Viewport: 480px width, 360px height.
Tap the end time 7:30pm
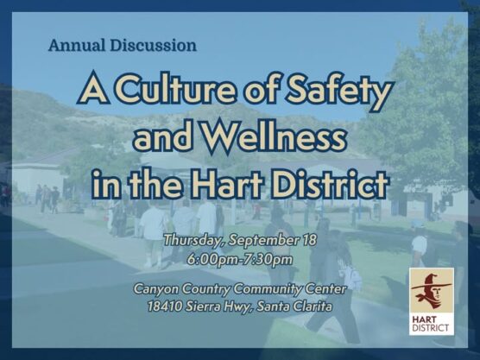pos(268,258)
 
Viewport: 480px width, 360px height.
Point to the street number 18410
pos(165,306)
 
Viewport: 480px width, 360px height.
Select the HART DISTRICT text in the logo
pos(431,324)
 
